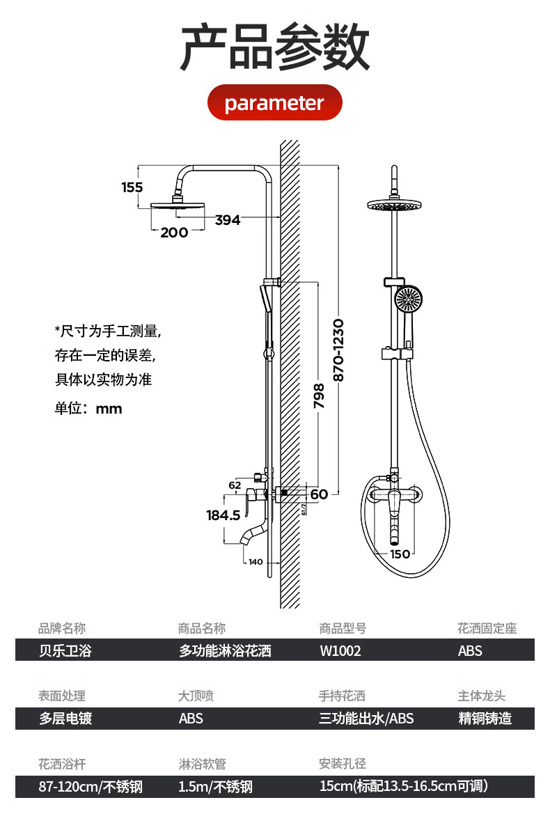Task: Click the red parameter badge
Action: coord(274,102)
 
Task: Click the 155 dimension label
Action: coord(132,187)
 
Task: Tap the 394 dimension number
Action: coord(227,220)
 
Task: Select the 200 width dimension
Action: coord(174,232)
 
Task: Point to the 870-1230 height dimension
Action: coord(338,350)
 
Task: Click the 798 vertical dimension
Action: coord(319,395)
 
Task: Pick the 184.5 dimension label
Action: coord(223,515)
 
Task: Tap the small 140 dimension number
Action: coord(256,562)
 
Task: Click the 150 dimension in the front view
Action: coord(400,554)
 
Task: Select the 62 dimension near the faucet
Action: coord(235,485)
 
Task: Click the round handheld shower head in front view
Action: coord(408,299)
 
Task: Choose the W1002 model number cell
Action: coord(340,651)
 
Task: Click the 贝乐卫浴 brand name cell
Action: coord(65,651)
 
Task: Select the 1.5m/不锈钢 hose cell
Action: coord(215,786)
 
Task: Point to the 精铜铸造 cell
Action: coord(485,718)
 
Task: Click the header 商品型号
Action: coord(343,628)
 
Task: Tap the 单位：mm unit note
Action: coord(88,408)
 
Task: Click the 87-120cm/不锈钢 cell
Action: coord(91,786)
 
